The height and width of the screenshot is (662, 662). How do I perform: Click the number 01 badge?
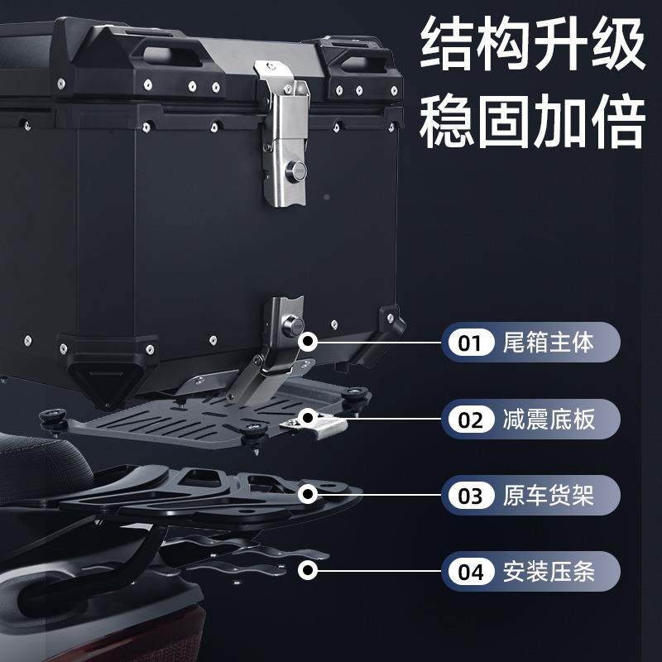(x=470, y=343)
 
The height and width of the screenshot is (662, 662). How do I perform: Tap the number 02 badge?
(x=470, y=419)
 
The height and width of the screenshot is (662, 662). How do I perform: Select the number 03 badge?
(x=470, y=496)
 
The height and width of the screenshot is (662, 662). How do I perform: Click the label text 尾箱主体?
(x=549, y=343)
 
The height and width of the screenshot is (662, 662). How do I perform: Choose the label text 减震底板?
(x=549, y=419)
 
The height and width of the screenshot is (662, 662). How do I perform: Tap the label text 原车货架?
(x=549, y=496)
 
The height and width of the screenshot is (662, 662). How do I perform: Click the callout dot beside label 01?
(x=309, y=341)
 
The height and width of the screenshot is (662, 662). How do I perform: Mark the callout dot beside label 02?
(x=309, y=418)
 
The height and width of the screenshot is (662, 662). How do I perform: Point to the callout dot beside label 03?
(x=309, y=495)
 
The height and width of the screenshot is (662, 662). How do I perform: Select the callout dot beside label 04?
(x=309, y=570)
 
